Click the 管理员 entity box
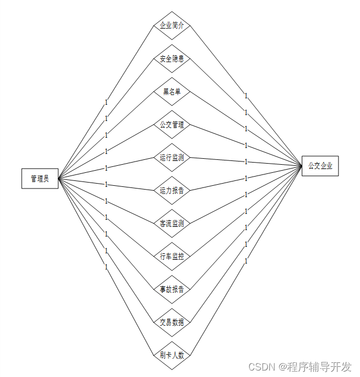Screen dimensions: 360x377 coord(39,179)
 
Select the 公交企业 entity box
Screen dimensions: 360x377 coord(320,166)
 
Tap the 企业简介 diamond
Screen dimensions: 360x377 coord(172,25)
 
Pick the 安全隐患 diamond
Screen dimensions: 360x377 coord(172,58)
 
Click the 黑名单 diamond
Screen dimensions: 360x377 coord(172,92)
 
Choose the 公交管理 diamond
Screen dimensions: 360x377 coord(172,125)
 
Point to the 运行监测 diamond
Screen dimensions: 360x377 coord(172,158)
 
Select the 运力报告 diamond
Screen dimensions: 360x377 coord(172,190)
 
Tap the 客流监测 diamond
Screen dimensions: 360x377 coord(172,223)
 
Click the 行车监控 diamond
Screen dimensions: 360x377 coord(172,256)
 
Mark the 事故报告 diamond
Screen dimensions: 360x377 coord(172,289)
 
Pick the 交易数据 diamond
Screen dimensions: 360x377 coord(172,322)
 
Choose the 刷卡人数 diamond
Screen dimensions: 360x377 coord(172,355)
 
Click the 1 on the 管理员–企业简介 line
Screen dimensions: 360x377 coord(106,102)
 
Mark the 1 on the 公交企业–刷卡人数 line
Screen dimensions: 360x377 coord(246,261)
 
